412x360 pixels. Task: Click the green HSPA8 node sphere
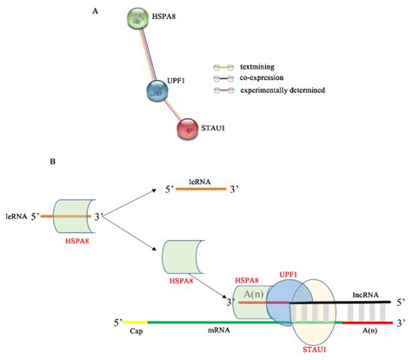[x=137, y=19]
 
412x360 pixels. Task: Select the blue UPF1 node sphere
[x=158, y=90]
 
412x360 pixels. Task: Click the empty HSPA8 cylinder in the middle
[x=185, y=256]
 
